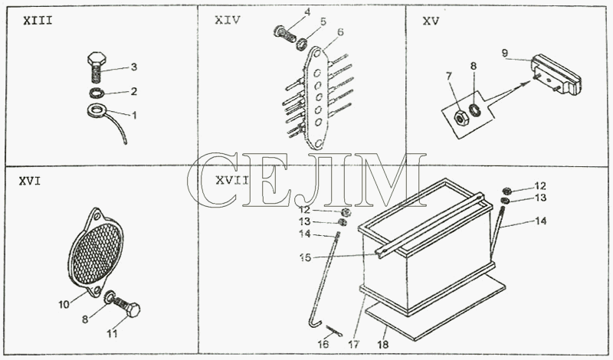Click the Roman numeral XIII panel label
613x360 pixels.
[x=38, y=21]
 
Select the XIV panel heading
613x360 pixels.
[x=228, y=20]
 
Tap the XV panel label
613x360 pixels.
[x=431, y=21]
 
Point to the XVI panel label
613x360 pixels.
[x=30, y=182]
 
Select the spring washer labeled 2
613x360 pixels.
[x=96, y=93]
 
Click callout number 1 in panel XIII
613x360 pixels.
[x=134, y=116]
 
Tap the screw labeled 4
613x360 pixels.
[x=284, y=34]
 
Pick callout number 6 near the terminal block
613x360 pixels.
[x=340, y=32]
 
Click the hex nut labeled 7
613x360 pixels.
[x=461, y=117]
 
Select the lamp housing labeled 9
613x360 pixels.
[x=555, y=74]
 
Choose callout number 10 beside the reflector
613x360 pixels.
[x=64, y=304]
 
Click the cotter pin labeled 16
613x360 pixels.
[x=335, y=331]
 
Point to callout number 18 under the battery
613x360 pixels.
[x=383, y=345]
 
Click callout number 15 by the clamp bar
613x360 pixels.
[x=305, y=257]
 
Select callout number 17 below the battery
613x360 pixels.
[x=354, y=345]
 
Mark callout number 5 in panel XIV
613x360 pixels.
[x=323, y=21]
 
